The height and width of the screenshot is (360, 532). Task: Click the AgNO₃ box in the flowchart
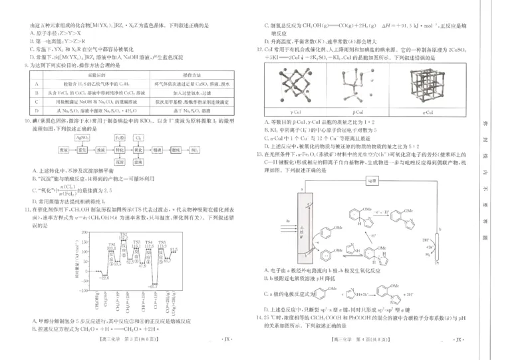pos(83,137)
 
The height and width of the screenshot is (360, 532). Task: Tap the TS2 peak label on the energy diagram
pos(123,235)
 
